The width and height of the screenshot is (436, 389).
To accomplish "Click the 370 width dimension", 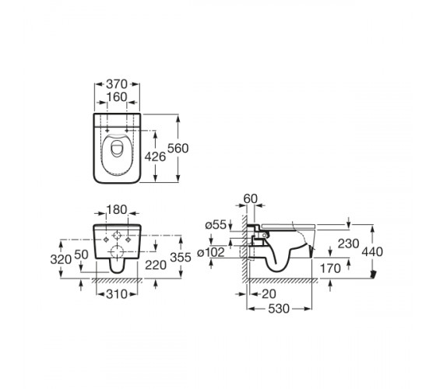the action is coord(117,84).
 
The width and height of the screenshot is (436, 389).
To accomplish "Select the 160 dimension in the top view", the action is coord(117,97).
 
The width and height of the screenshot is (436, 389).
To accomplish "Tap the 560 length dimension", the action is coord(178,149).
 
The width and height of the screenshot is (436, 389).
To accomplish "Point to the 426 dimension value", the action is coord(155,157).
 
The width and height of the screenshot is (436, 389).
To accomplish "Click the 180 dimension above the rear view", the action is coord(117,210).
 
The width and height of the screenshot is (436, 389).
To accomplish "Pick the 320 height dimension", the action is coord(61,260).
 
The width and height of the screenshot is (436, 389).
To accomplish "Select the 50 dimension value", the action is coord(82,254).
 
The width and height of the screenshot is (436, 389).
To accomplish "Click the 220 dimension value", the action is coord(156,265).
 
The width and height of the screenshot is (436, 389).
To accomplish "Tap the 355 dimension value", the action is coord(181,258).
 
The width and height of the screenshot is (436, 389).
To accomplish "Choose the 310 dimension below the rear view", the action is coord(117,294).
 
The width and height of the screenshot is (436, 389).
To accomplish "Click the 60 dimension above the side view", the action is coord(251,199).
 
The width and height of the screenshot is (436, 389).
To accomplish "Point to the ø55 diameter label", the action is coord(216,225).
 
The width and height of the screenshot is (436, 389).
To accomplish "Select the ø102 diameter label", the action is coord(211,253).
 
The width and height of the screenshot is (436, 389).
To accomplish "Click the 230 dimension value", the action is coord(349,244).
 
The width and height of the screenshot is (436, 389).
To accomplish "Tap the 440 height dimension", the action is coord(372,252).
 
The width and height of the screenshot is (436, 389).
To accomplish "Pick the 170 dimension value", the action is coord(330,268).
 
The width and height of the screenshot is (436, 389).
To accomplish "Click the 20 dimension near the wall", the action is coord(269,294).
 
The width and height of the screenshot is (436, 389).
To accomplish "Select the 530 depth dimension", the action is coord(279,309).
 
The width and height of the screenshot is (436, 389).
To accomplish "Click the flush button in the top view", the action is coord(116,149).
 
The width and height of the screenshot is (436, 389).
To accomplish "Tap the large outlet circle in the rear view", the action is coord(117,252).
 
